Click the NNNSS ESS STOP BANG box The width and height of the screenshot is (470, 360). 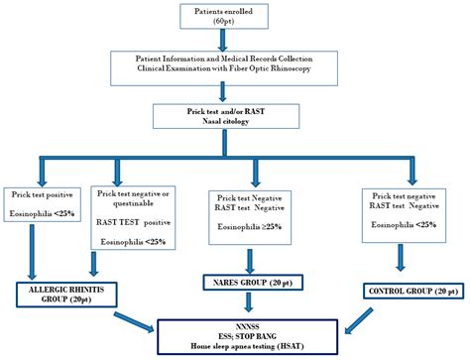coord(235,333)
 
